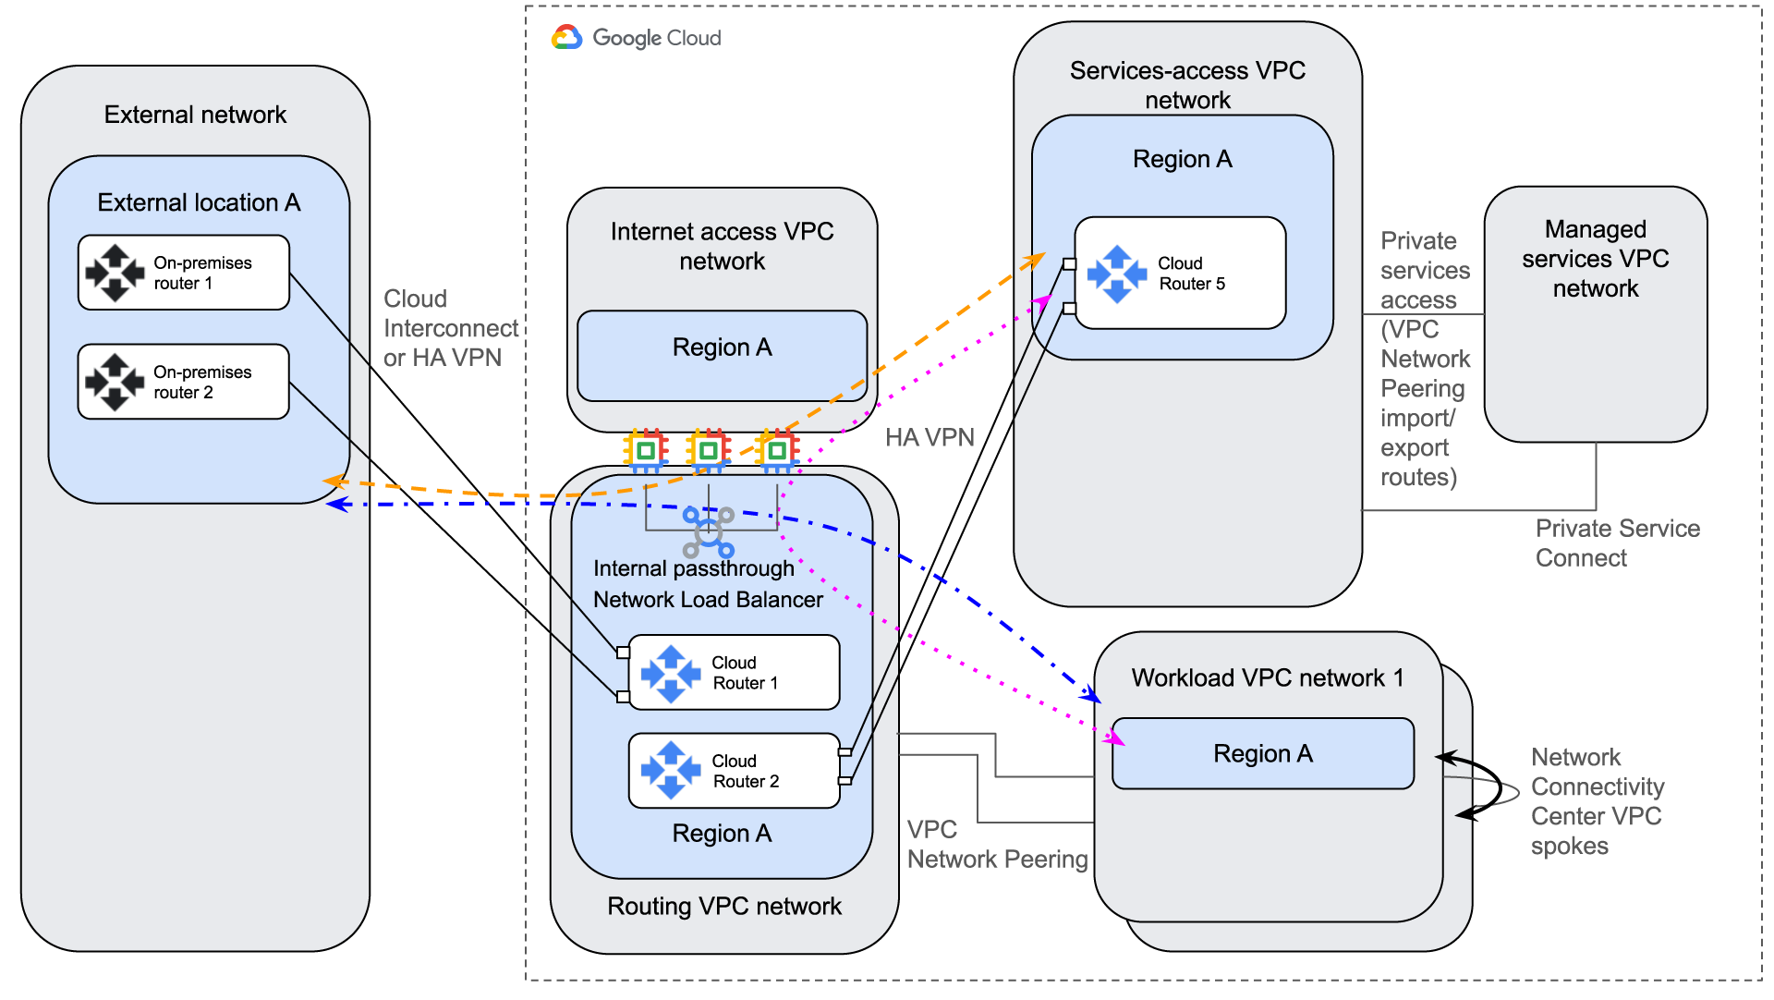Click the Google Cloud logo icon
(x=566, y=38)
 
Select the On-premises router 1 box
(x=184, y=273)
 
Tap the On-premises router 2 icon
(x=115, y=382)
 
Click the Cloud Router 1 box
(x=734, y=673)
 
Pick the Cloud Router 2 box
(x=734, y=771)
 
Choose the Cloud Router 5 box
(x=1180, y=274)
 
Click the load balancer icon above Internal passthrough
(x=708, y=531)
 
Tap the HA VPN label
(x=930, y=437)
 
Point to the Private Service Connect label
(x=1617, y=543)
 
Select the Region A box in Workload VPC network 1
(x=1262, y=754)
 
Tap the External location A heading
(x=199, y=202)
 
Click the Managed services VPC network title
(x=1595, y=259)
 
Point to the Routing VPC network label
(x=723, y=907)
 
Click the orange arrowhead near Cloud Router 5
(x=1036, y=260)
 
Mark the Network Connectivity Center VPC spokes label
(x=1597, y=801)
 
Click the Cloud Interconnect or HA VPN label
(x=450, y=328)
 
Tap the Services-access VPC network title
(x=1187, y=85)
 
